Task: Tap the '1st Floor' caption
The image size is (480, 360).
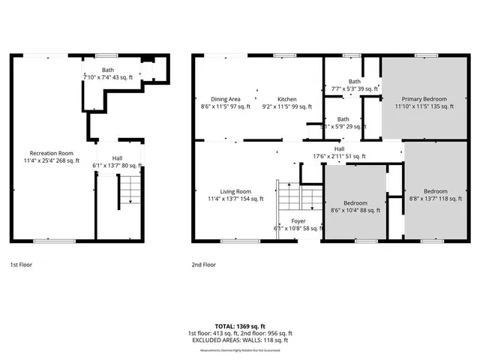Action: [x=21, y=265]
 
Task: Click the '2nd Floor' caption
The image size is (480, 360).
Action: [x=203, y=265]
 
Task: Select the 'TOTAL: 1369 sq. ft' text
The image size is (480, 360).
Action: [x=239, y=325]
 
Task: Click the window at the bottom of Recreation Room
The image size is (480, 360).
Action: [x=54, y=241]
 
